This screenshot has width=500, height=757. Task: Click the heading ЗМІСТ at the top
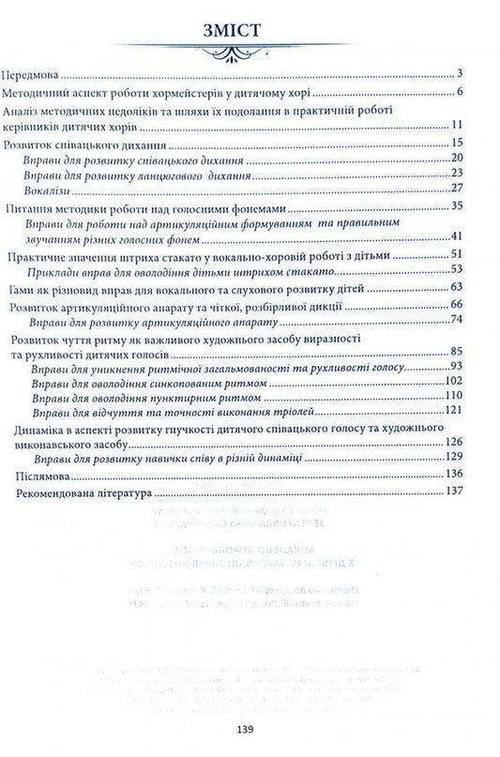(250, 35)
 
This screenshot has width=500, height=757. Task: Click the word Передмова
(35, 73)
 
